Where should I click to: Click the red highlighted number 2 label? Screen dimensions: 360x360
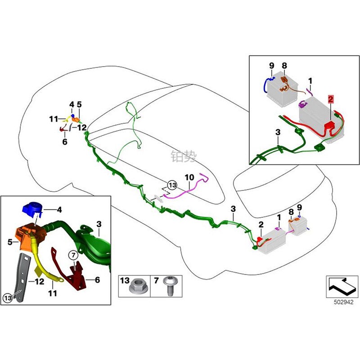(x=331, y=99)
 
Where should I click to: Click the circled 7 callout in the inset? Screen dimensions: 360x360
(x=73, y=256)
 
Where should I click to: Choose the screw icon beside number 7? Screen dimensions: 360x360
(x=171, y=286)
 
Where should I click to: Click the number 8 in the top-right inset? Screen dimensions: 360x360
(x=284, y=66)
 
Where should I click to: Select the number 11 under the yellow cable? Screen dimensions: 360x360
(x=53, y=293)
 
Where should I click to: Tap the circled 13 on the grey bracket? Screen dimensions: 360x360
(x=8, y=298)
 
